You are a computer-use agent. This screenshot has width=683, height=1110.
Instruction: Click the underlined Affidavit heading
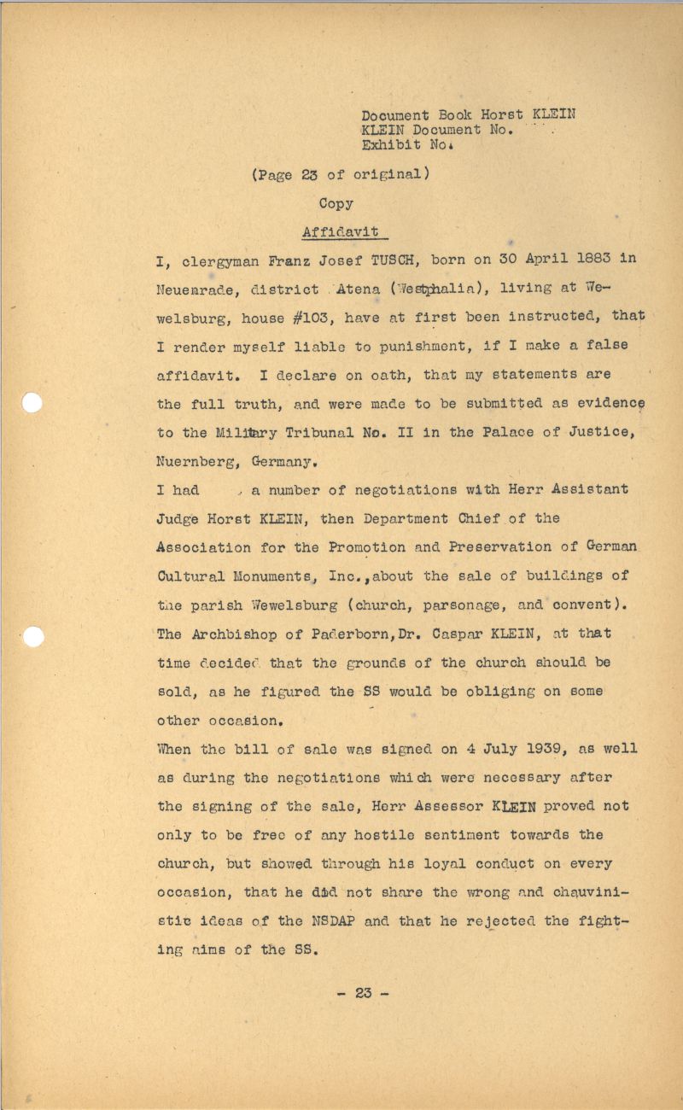click(x=341, y=232)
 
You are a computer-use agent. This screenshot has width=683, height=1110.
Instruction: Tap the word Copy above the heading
click(x=336, y=204)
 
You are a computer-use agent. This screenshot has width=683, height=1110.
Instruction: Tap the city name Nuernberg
click(x=198, y=462)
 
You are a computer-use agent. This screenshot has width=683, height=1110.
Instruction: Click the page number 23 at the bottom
click(x=364, y=993)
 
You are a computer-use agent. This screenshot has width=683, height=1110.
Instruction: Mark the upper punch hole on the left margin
click(x=32, y=402)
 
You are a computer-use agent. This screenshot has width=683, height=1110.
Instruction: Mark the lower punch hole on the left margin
click(x=32, y=636)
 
